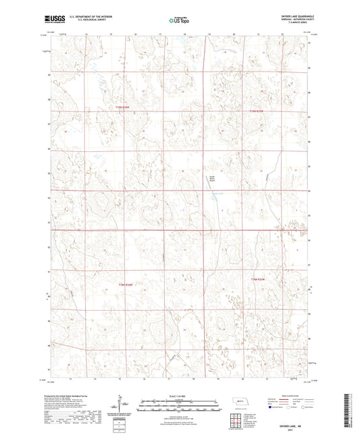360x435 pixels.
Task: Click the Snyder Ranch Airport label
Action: (211, 181)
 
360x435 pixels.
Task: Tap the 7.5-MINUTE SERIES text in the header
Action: (288, 24)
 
